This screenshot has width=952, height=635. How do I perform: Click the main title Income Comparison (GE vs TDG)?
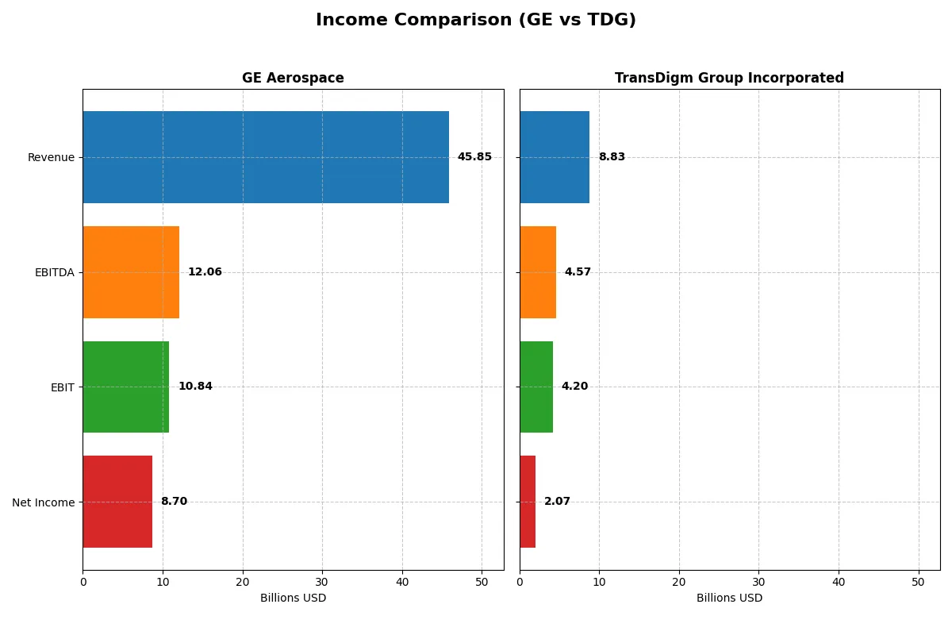coord(476,20)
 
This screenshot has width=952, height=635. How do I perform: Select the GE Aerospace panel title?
coord(293,78)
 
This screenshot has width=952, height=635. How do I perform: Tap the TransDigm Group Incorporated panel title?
coord(729,78)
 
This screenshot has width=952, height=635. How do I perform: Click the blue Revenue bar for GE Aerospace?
coord(266,157)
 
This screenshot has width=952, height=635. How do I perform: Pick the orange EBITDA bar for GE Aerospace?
coord(131,272)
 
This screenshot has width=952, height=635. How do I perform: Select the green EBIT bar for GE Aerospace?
coord(125,387)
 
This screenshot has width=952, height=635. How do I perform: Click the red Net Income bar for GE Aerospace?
coord(117,502)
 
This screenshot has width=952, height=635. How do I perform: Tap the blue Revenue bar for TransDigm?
coord(555,157)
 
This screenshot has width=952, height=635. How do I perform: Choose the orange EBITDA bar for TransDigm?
coord(538,272)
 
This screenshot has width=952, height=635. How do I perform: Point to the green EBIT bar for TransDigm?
coord(536,387)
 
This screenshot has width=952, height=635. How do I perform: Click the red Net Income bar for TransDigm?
coord(528,502)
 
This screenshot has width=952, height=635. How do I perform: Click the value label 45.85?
coord(474,157)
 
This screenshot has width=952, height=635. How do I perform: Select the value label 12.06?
coord(205,272)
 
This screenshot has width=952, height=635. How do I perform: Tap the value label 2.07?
coord(557,502)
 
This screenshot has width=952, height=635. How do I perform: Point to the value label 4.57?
coord(578,272)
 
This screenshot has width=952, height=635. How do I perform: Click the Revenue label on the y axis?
coord(51,157)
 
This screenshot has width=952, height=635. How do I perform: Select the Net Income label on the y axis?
coord(44,502)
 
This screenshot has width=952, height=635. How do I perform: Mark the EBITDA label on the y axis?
coord(54,272)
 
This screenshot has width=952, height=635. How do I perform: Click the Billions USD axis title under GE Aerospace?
coord(293,598)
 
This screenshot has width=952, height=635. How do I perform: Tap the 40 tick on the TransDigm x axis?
coord(839,582)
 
